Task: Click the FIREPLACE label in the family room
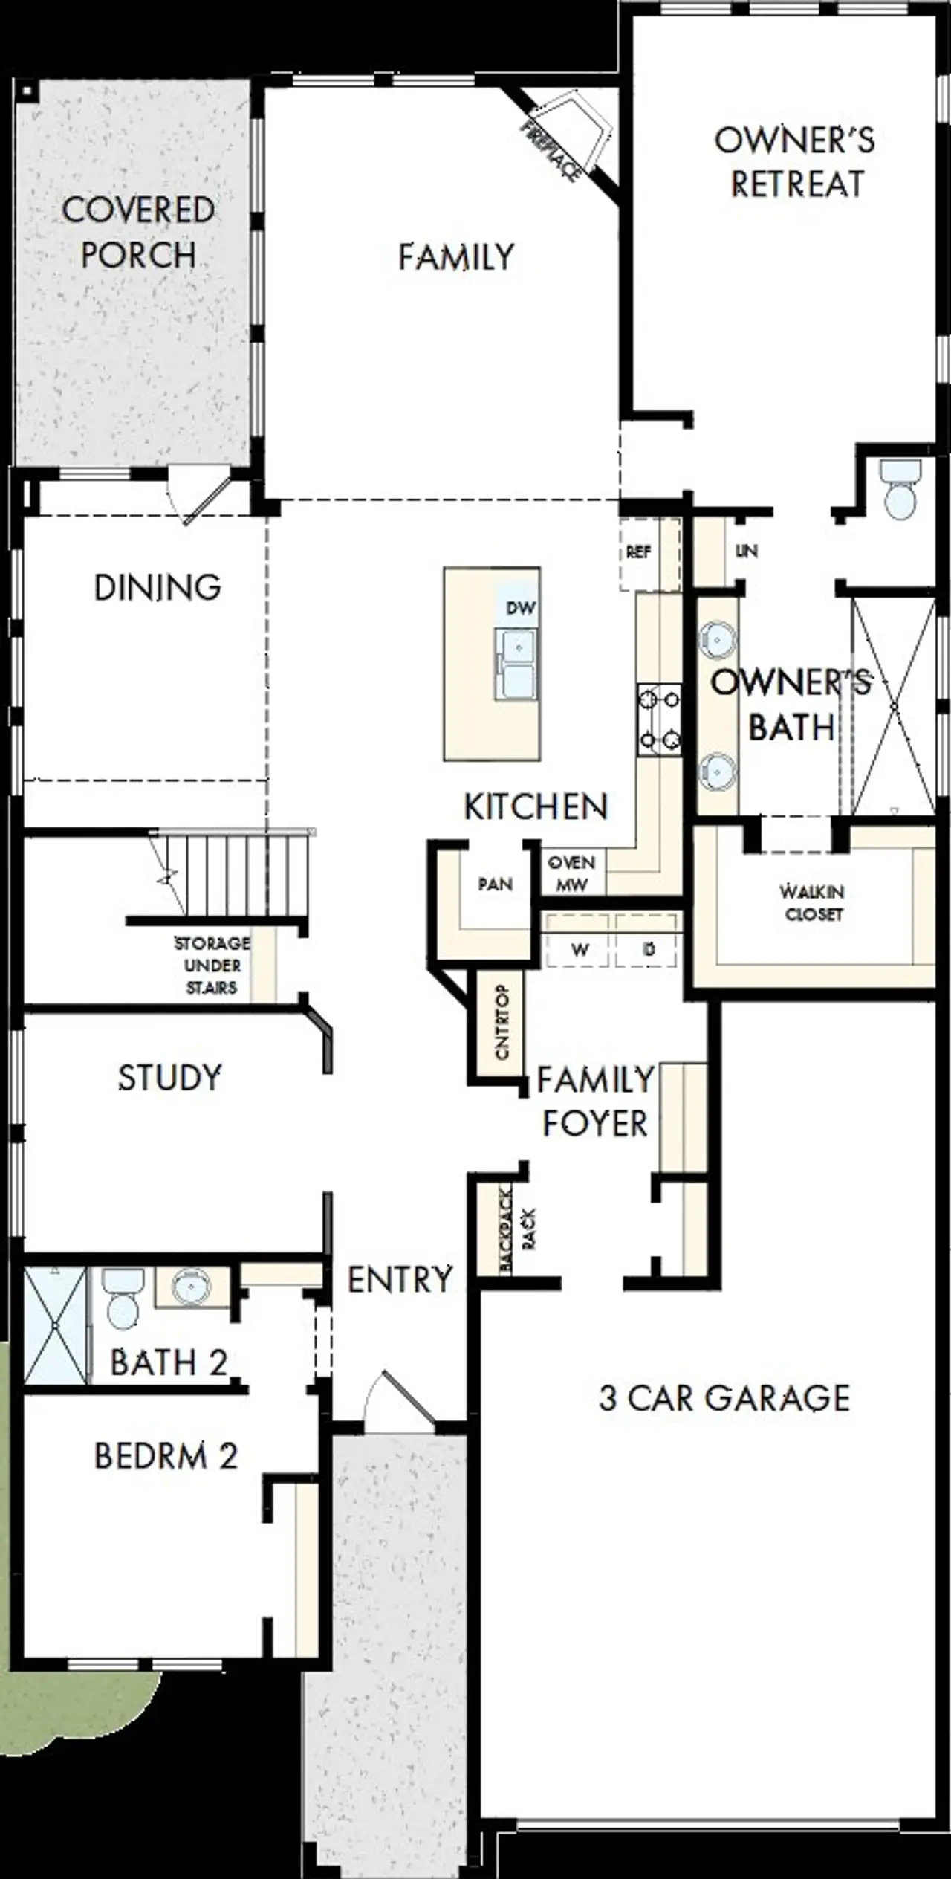[x=551, y=150]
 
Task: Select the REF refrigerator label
[x=638, y=552]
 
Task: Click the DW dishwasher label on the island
[x=520, y=608]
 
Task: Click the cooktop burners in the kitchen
[x=658, y=719]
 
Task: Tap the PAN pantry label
[x=495, y=884]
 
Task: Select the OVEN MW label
[x=571, y=873]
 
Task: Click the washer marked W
[x=580, y=949]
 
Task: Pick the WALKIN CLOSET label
[x=812, y=902]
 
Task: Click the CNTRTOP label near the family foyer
[x=502, y=1022]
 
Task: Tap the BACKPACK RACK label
[x=516, y=1229]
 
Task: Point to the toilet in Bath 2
[x=122, y=1300]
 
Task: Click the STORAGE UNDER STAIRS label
[x=212, y=965]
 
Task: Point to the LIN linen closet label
[x=746, y=551]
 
